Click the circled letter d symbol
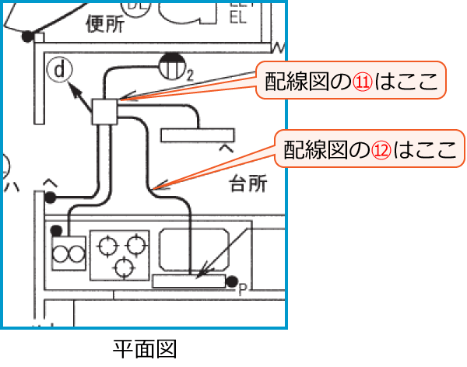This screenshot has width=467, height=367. pos(58,70)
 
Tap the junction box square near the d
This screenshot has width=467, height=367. pos(104,111)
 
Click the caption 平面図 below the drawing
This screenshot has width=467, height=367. pos(144,347)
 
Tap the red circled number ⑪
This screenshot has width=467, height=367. pos(363,80)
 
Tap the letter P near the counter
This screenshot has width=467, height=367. pos(242,290)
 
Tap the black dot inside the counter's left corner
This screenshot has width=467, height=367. pos(56,230)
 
